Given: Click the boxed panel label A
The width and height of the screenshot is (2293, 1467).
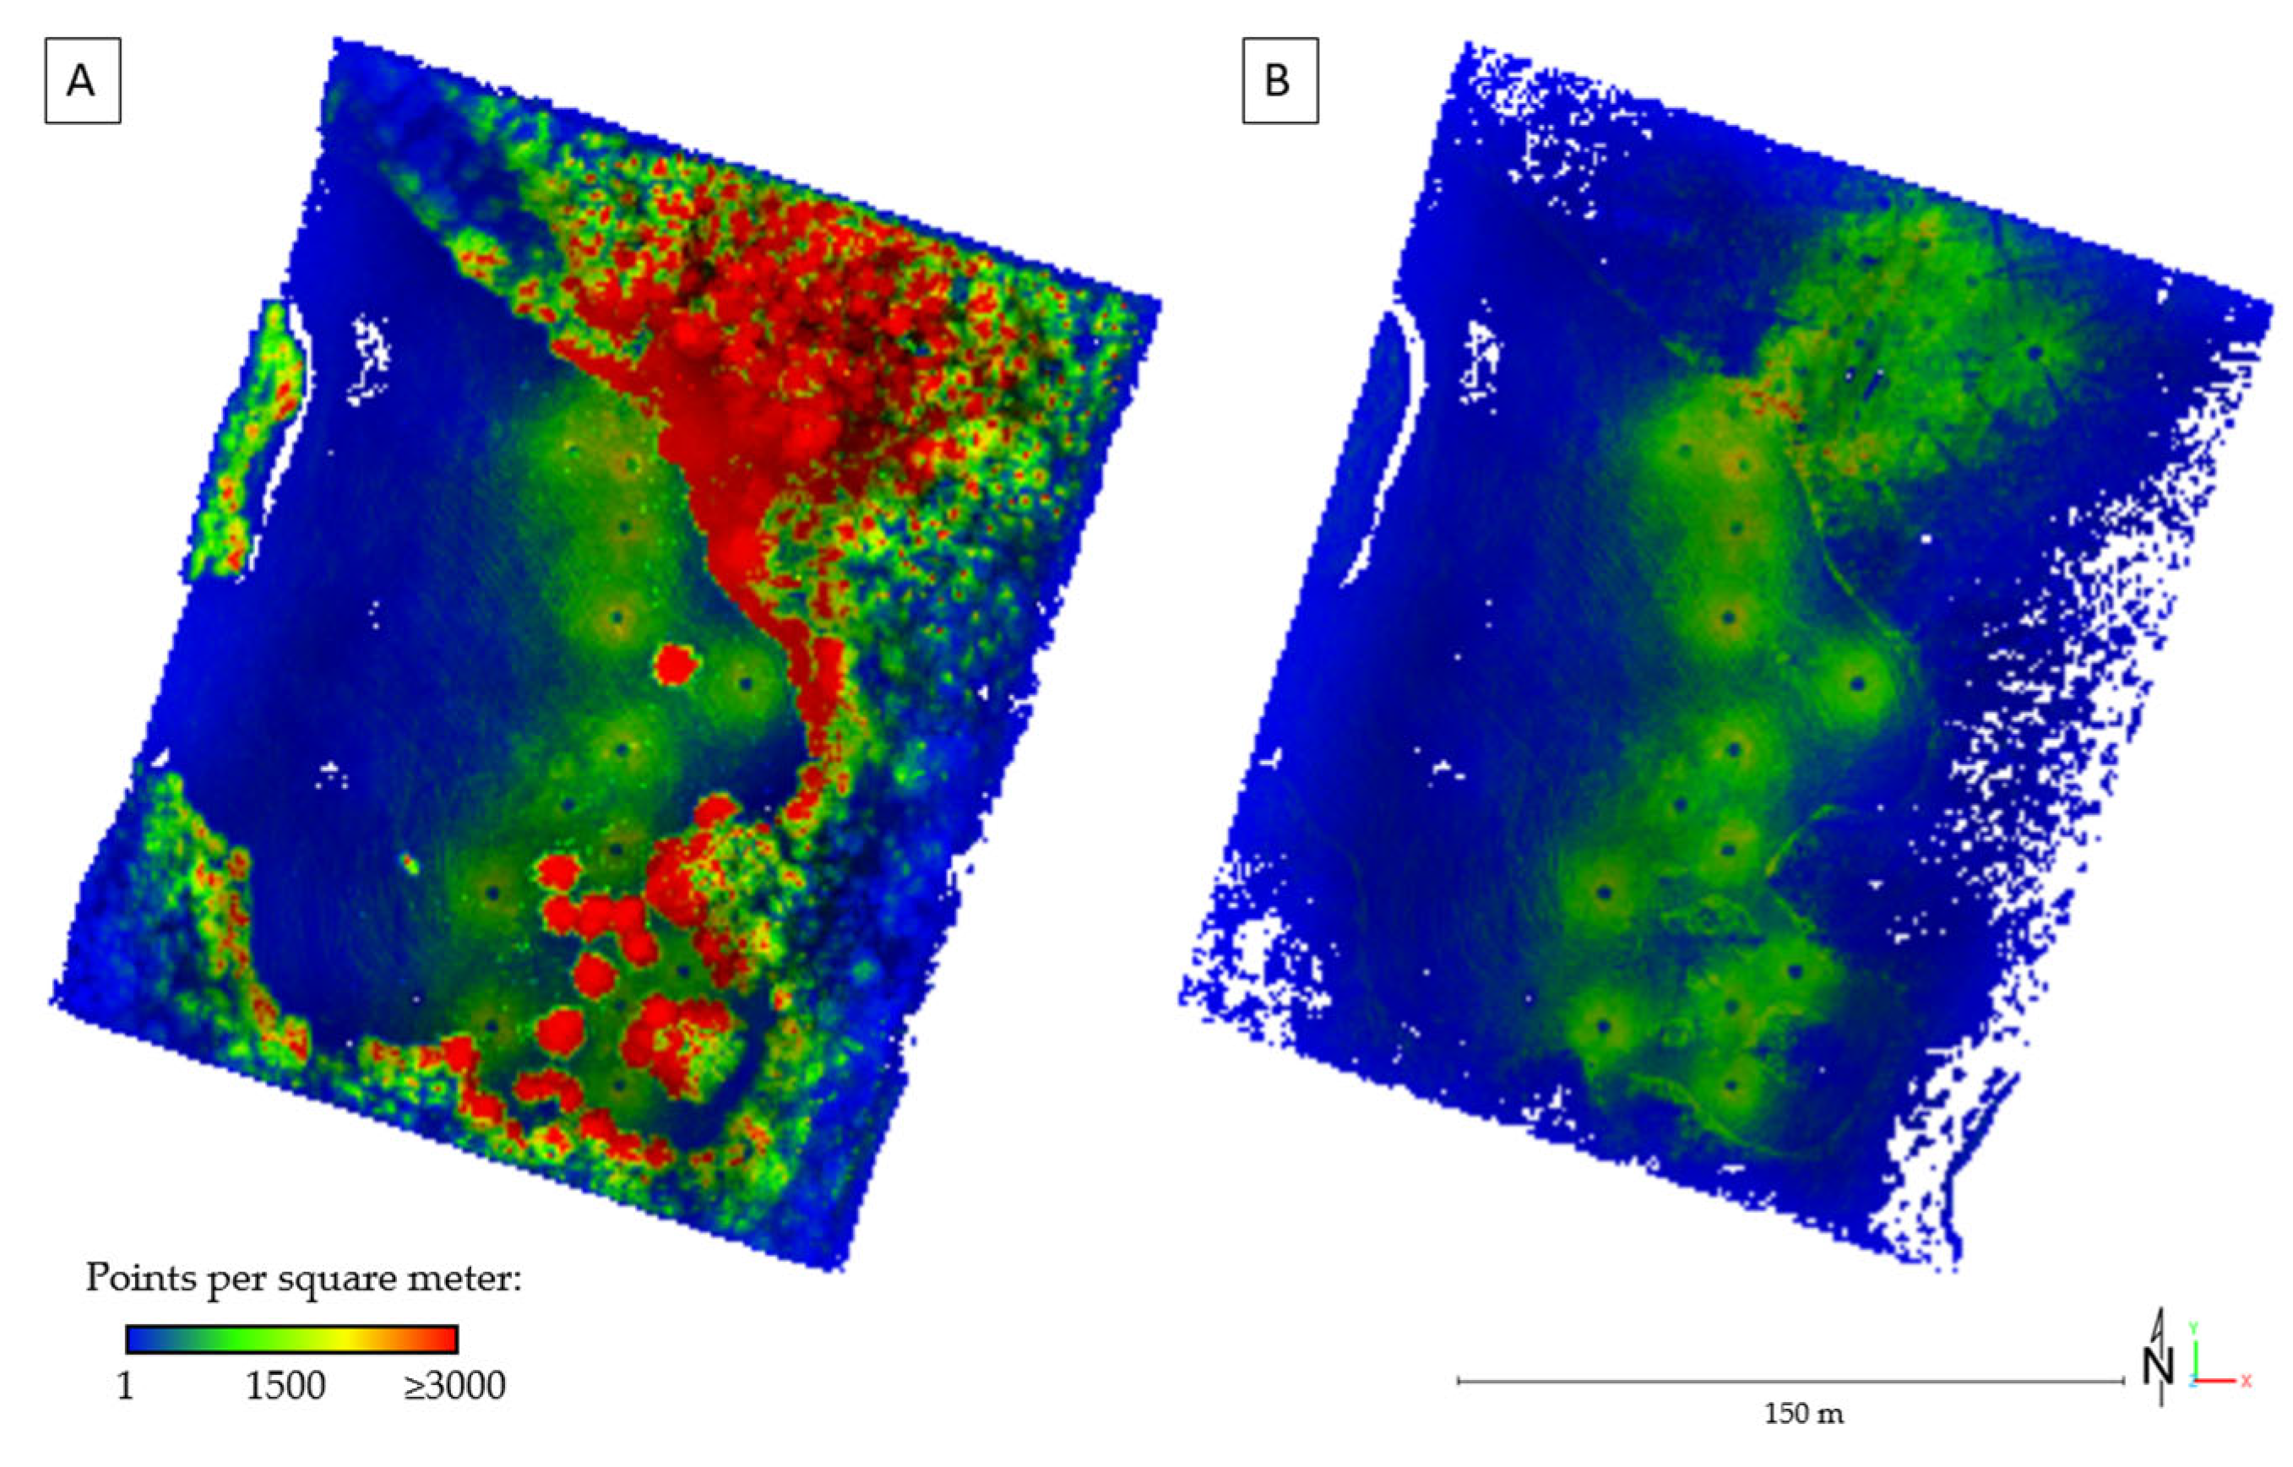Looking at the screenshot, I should pyautogui.click(x=82, y=81).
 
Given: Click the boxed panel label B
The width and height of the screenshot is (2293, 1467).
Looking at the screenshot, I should pyautogui.click(x=1279, y=81).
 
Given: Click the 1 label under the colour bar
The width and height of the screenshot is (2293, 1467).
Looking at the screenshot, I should pyautogui.click(x=125, y=1386).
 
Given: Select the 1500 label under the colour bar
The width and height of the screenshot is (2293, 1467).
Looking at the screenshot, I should pyautogui.click(x=285, y=1386).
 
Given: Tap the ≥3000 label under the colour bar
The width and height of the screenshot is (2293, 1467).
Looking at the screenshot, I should pyautogui.click(x=454, y=1386).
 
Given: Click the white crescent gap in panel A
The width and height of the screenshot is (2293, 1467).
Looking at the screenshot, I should pyautogui.click(x=285, y=438).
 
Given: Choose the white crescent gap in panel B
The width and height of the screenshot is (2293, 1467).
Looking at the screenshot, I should pyautogui.click(x=1393, y=448).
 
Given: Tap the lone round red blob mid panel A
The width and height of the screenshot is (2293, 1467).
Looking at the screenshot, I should pyautogui.click(x=676, y=664).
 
